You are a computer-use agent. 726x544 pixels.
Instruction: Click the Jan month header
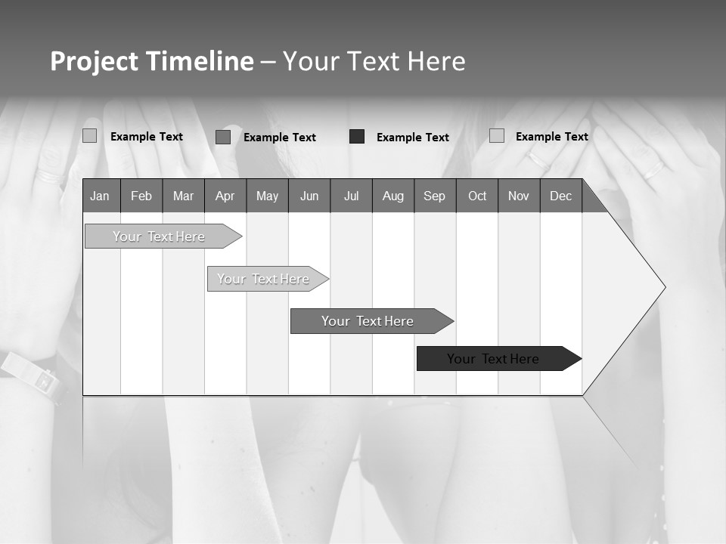pos(101,196)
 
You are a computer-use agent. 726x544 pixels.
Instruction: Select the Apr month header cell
pos(225,196)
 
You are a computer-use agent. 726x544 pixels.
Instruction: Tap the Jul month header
pos(351,196)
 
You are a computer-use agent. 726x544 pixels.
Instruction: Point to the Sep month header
pos(435,196)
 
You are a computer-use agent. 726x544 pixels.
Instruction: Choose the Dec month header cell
pos(560,196)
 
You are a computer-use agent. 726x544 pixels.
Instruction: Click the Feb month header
pos(141,196)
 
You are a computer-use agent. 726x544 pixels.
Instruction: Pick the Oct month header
pos(477,196)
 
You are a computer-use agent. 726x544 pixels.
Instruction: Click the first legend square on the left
pos(89,136)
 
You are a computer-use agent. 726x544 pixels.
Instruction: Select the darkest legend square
pos(357,136)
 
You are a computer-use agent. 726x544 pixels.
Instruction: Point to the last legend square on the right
pos(496,135)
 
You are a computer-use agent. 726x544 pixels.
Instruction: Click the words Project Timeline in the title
pos(152,61)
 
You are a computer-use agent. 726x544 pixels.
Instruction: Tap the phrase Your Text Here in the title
pos(374,61)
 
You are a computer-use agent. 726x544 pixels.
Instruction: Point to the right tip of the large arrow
pos(664,287)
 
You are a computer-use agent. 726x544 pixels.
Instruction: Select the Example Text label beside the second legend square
pos(280,138)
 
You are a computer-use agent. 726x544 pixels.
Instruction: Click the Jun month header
pos(309,196)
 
